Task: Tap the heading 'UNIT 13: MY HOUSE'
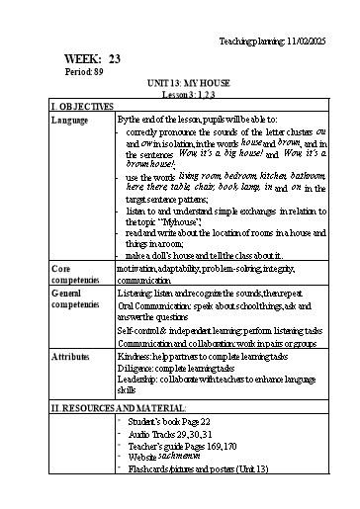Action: pos(187,86)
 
